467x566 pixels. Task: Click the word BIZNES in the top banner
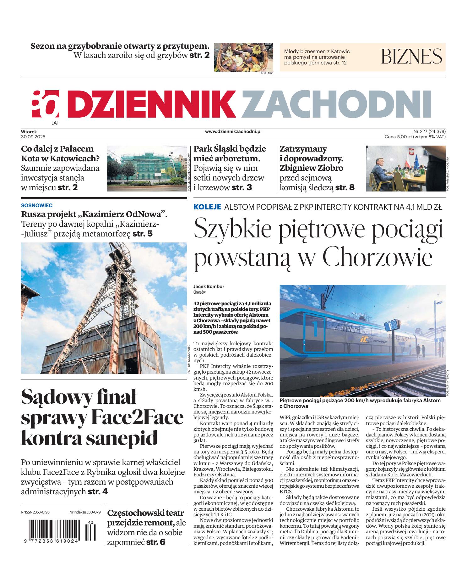pos(411,56)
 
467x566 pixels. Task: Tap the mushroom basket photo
pos(243,57)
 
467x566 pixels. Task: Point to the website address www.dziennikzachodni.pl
pos(233,132)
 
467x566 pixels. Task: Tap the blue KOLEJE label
pos(208,207)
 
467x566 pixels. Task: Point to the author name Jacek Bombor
pos(209,286)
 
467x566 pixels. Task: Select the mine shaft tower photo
pos(104,308)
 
